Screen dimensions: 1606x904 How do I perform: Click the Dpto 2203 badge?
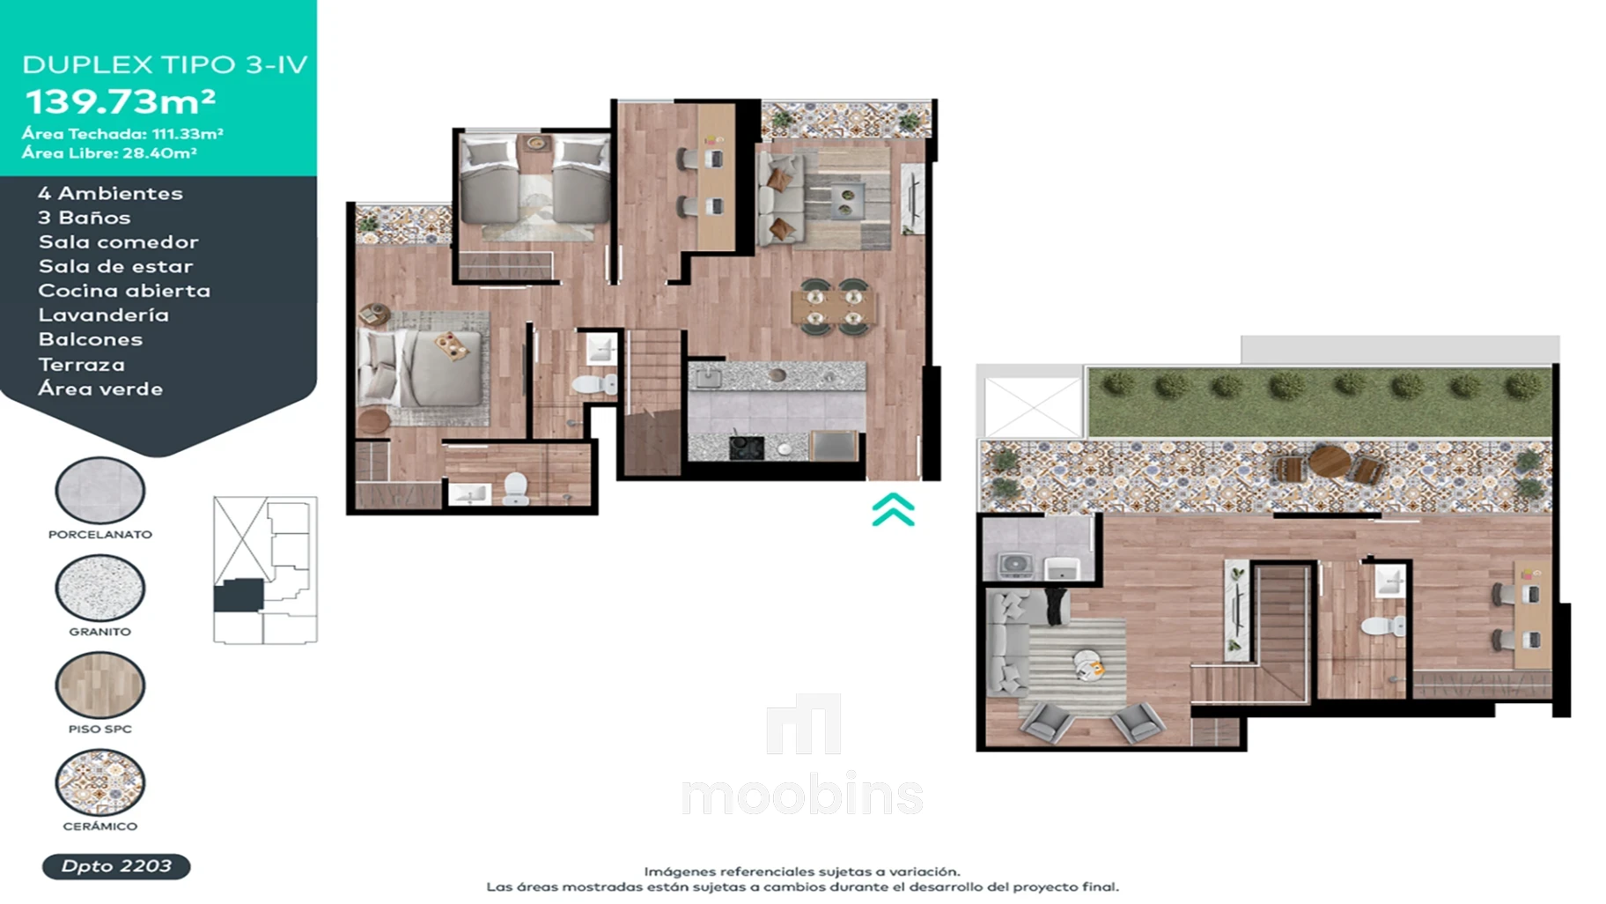tap(116, 866)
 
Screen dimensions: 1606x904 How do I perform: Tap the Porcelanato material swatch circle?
tap(100, 491)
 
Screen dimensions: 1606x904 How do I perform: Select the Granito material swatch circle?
tap(100, 588)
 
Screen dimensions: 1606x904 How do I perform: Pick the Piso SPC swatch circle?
tap(100, 685)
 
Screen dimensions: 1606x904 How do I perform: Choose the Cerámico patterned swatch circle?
tap(100, 782)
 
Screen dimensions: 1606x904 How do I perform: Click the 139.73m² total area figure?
tap(121, 101)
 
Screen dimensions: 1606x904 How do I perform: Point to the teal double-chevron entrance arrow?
tap(893, 510)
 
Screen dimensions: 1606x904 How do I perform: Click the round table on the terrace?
tap(1330, 461)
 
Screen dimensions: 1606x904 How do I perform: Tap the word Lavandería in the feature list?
tap(103, 315)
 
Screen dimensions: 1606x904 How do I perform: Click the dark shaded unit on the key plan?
tap(239, 596)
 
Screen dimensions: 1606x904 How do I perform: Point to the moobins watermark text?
tap(802, 795)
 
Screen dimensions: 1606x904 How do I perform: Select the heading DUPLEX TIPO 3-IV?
tap(165, 64)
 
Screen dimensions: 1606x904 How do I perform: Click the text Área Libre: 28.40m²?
tap(109, 153)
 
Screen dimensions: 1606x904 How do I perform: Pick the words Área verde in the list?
tap(100, 389)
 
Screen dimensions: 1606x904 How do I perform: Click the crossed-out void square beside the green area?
tap(1032, 407)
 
